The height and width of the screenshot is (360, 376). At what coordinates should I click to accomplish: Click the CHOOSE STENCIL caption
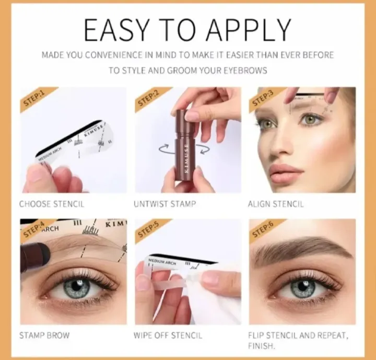tap(51, 204)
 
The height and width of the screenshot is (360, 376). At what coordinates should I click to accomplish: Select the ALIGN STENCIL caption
tap(275, 204)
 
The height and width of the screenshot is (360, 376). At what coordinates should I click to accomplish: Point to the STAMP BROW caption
tap(44, 335)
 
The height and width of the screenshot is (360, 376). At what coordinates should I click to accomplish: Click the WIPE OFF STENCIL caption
tap(167, 335)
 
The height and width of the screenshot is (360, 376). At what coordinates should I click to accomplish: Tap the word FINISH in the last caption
tap(262, 346)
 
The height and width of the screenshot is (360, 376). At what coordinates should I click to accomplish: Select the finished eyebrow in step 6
tap(300, 249)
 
